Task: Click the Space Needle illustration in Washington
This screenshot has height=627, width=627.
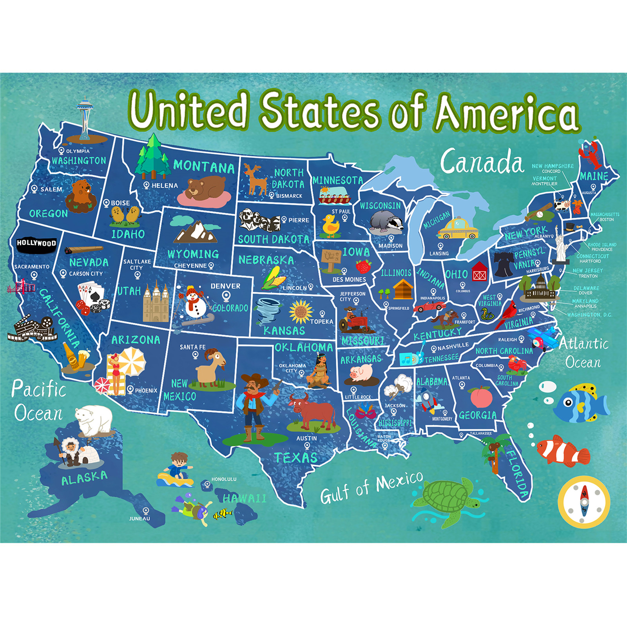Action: coord(85,118)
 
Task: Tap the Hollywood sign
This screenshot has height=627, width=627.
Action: coord(36,243)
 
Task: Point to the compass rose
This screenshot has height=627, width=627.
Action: coord(584,502)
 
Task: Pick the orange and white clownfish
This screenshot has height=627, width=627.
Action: coord(563,451)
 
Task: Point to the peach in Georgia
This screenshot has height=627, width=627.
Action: coord(481,397)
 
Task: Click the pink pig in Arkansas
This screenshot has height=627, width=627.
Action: coord(362,373)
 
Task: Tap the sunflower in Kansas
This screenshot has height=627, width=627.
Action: coord(301,312)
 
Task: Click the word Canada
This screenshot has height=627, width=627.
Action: coord(482,161)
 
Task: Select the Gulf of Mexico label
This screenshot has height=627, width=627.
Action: coord(371,487)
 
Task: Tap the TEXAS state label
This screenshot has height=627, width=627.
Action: coord(295,457)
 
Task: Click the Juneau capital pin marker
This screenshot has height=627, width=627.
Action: coord(146,511)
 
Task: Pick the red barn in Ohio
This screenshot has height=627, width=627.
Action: coord(479,272)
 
